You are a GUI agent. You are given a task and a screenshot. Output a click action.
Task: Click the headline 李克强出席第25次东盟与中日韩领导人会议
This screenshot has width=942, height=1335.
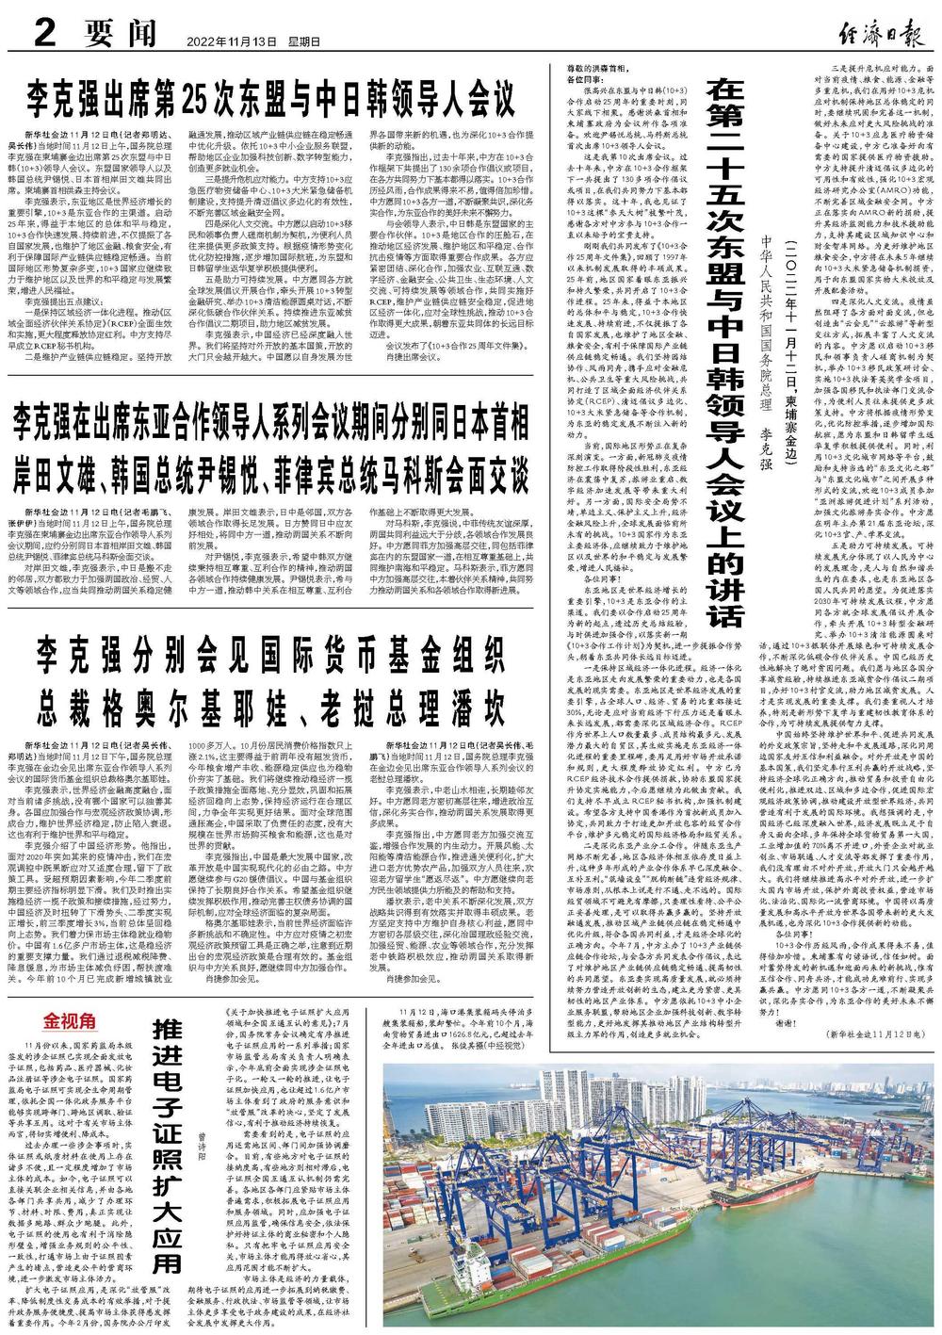[270, 97]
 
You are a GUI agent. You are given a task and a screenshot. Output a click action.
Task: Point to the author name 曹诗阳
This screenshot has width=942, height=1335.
[203, 1149]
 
